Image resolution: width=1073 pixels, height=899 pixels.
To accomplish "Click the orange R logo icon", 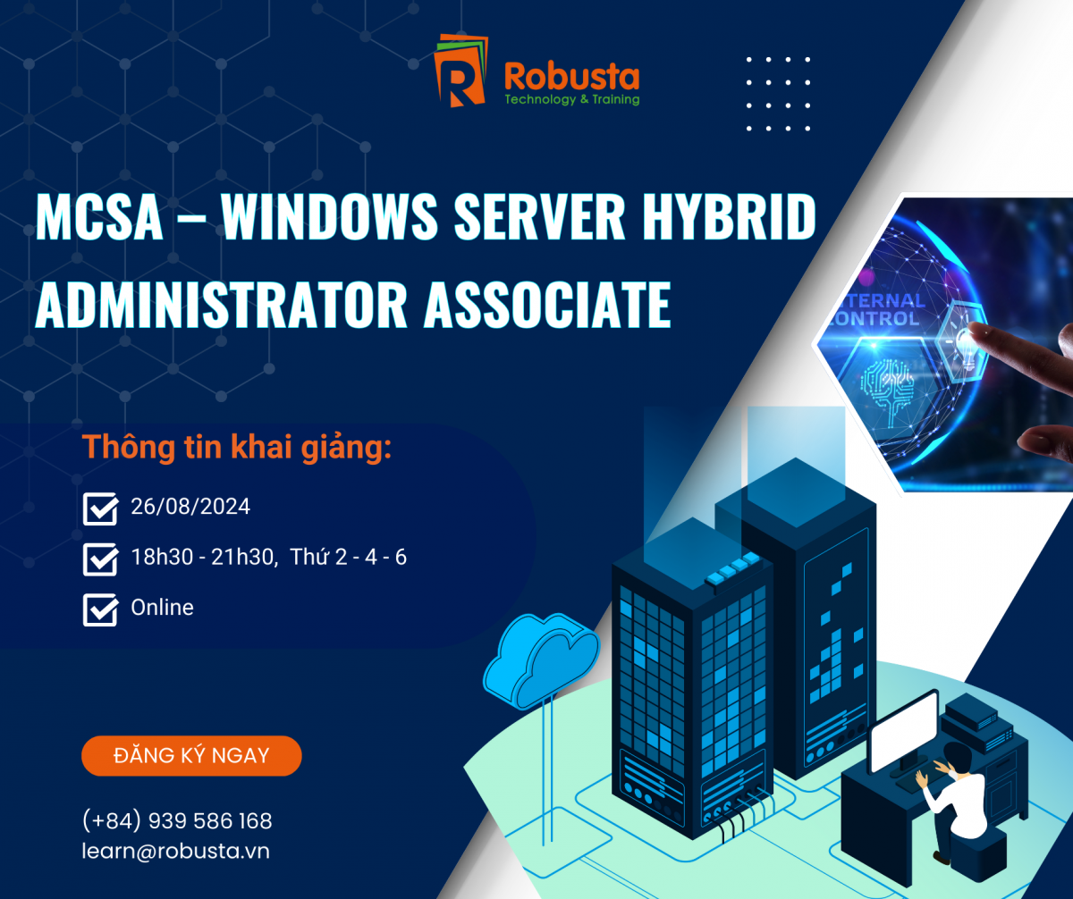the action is coord(460,71).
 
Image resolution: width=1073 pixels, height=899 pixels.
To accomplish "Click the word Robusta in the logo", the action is coord(572,77).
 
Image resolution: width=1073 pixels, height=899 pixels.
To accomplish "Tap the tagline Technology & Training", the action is coord(572,99).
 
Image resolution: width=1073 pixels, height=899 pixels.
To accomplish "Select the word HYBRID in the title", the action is coord(729,216).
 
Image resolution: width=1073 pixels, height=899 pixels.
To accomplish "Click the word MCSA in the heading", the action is coord(98,216).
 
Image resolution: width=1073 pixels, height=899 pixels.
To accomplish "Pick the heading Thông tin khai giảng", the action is coord(237,448).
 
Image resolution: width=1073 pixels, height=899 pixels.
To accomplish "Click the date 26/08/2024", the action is coord(190,507).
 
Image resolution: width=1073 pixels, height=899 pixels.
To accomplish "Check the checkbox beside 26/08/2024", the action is coord(101,508).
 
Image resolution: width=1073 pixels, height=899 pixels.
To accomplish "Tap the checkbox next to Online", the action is coord(101,609).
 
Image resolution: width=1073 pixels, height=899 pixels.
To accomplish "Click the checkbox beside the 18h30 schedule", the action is coord(101,559).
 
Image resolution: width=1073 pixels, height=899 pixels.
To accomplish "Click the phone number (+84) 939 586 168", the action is coord(177,821).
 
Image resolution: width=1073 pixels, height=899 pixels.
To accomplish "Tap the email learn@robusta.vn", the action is coord(176,852).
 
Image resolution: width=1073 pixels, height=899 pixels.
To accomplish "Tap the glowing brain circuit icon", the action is coord(888,386).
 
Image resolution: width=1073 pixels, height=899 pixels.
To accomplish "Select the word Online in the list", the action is coord(163,607).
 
